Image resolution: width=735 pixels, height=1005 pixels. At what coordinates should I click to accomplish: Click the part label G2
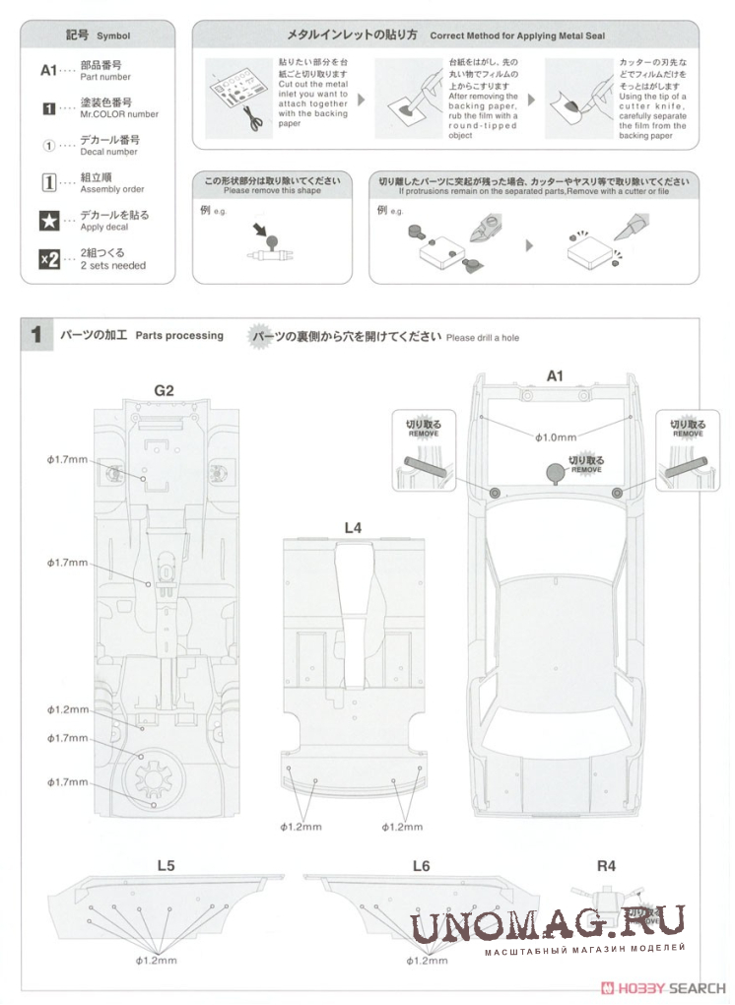point(164,391)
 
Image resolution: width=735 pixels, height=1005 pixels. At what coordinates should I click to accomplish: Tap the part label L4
point(353,528)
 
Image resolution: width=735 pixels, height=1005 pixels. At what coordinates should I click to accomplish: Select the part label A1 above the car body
point(555,375)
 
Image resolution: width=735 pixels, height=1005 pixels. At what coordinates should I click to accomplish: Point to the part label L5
point(166,865)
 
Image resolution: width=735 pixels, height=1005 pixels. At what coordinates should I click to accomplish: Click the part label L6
point(422,865)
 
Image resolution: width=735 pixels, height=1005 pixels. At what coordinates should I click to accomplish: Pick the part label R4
point(606,865)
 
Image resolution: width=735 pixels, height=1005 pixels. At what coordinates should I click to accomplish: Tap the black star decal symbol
point(48,221)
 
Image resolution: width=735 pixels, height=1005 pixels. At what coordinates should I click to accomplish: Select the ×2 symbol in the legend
point(48,259)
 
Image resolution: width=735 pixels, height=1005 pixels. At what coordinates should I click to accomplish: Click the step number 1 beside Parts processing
point(36,335)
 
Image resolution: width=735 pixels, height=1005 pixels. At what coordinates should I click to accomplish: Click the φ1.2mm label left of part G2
point(68,709)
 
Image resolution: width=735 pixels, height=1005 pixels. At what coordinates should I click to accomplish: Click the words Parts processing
point(179,336)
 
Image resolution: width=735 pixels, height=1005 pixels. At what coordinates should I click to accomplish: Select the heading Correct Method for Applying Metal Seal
point(517,36)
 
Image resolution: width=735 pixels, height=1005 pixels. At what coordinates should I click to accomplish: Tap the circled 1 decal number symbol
point(48,145)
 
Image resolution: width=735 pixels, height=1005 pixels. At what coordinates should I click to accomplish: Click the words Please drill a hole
point(482,338)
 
